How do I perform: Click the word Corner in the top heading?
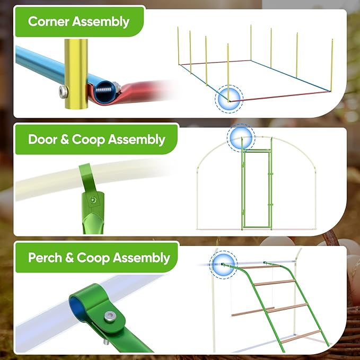[x=48, y=21]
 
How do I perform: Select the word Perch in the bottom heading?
[x=45, y=257]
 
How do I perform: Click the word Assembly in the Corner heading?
[x=101, y=22]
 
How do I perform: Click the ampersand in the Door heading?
[x=65, y=139]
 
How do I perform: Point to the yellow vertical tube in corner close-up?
[x=76, y=74]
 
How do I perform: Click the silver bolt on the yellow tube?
[x=63, y=92]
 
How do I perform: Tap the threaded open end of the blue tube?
[x=104, y=90]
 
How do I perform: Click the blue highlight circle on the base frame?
[x=229, y=99]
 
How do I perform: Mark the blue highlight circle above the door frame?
[x=241, y=138]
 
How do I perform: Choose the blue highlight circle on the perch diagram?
[x=223, y=265]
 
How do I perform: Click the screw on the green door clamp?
[x=93, y=200]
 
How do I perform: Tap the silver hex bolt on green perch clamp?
[x=110, y=317]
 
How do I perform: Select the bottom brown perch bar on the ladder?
[x=301, y=337]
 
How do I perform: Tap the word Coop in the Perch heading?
[x=93, y=258]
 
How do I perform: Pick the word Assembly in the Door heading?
[x=136, y=139]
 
